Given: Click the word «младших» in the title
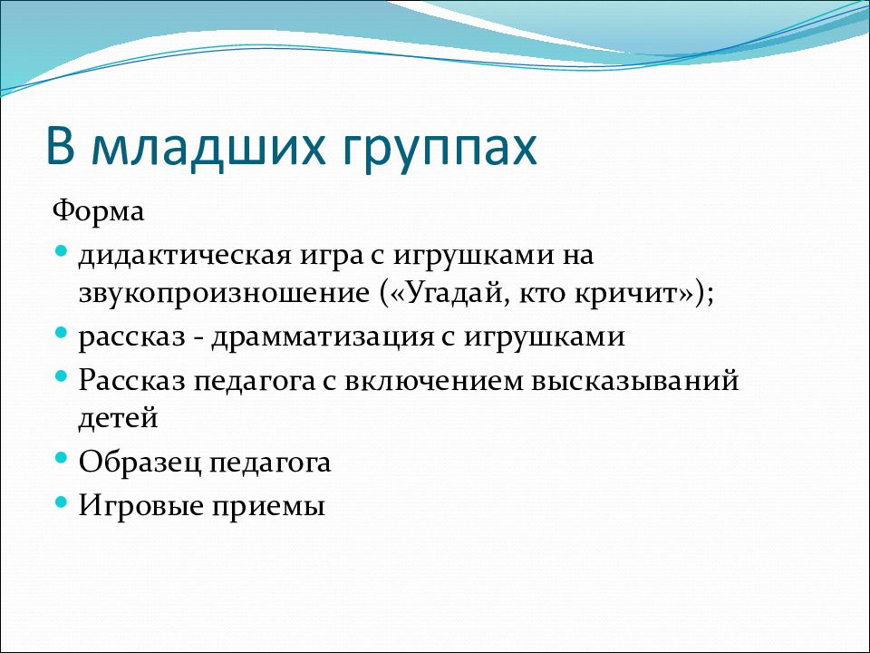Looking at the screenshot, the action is (x=208, y=149).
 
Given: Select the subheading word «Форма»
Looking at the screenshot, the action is (x=98, y=211).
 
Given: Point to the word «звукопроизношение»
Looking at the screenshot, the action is (x=224, y=294).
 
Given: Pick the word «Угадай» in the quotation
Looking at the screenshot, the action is (x=456, y=293).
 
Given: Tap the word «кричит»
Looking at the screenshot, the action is (x=631, y=293).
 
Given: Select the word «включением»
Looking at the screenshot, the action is (x=433, y=381).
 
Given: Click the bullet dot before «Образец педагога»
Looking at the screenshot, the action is (x=61, y=459).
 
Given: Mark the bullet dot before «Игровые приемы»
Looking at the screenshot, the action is (x=61, y=502).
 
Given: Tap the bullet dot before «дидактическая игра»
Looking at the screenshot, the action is (x=61, y=251).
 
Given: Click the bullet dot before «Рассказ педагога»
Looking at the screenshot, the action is (x=61, y=377).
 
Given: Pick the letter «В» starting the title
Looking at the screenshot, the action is (x=60, y=147).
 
